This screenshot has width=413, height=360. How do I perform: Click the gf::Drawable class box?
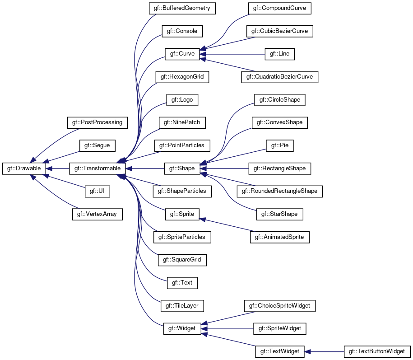24,168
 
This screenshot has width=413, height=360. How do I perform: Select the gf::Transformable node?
97,168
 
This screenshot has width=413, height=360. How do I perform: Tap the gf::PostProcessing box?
97,122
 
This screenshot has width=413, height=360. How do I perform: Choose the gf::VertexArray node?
97,214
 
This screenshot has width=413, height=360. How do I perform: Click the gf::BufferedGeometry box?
182,8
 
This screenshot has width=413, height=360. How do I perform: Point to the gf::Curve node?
182,54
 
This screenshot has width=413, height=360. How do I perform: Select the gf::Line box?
279,54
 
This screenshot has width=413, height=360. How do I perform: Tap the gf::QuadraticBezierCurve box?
279,77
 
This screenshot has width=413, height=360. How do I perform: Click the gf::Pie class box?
280,145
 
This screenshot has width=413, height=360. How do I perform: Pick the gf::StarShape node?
279,214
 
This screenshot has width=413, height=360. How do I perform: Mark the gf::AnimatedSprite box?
279,237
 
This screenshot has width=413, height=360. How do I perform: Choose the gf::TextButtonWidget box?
377,351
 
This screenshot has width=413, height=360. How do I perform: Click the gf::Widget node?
182,329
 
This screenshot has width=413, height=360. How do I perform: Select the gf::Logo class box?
182,100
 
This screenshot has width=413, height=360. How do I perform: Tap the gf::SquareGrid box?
182,260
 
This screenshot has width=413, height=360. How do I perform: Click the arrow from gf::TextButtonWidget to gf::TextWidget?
324,351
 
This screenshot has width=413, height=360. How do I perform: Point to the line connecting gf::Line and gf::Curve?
232,54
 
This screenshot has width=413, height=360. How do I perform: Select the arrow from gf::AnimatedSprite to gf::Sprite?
227,225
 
